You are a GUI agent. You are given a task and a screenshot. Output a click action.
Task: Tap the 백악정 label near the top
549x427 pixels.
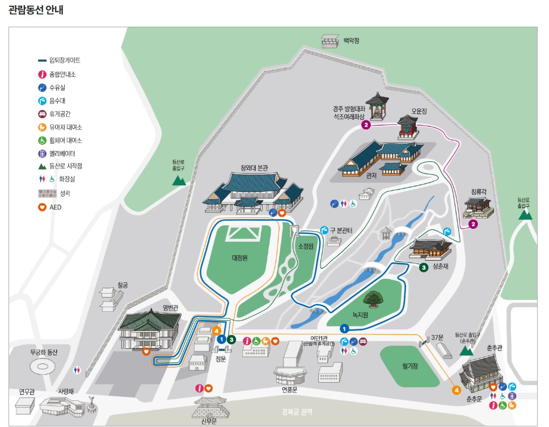tap(351, 41)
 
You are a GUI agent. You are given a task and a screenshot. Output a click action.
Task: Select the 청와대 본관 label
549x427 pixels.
tap(254, 168)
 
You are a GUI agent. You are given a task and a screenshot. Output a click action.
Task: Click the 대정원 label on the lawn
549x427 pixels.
tap(240, 257)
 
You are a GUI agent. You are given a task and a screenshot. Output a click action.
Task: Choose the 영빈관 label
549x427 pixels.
tap(171, 308)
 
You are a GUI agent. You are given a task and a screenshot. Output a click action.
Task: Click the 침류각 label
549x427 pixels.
tap(479, 193)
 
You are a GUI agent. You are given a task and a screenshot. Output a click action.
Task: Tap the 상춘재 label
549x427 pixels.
tap(440, 266)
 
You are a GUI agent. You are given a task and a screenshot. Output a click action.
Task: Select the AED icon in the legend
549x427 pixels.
tap(42, 207)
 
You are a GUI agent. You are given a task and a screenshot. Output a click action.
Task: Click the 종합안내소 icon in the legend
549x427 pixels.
tap(42, 74)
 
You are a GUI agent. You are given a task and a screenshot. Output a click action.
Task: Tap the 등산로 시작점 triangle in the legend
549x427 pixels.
tap(42, 166)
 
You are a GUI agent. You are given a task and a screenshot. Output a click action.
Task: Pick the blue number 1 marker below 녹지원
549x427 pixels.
tap(344, 328)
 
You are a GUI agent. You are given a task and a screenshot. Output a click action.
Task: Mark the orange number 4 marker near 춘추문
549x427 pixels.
tap(457, 390)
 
